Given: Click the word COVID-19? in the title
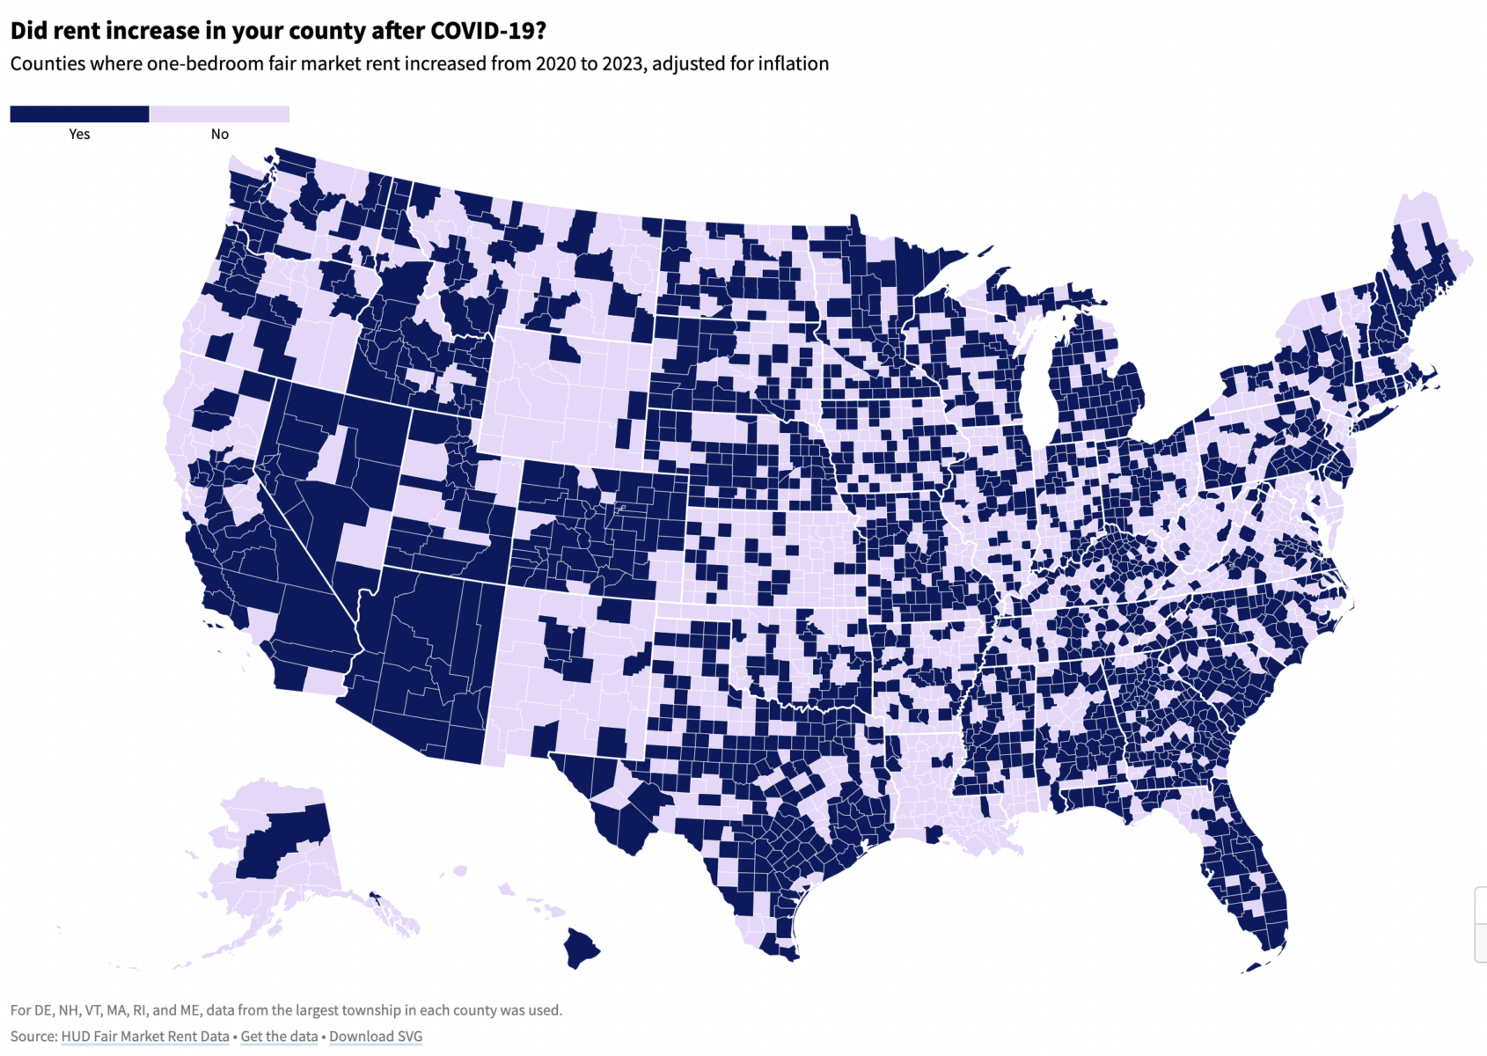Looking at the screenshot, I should (488, 31).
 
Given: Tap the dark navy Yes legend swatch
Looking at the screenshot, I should (79, 114).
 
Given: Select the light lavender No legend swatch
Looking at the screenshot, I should (219, 114).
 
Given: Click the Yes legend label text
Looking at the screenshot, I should (79, 135).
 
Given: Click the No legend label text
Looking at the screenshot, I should (219, 135).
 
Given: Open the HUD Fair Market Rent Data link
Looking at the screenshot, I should (145, 1037).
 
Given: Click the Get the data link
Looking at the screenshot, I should (279, 1037).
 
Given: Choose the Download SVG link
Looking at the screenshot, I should (376, 1037).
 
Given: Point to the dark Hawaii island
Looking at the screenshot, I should (581, 948).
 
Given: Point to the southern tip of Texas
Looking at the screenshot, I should (783, 955).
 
